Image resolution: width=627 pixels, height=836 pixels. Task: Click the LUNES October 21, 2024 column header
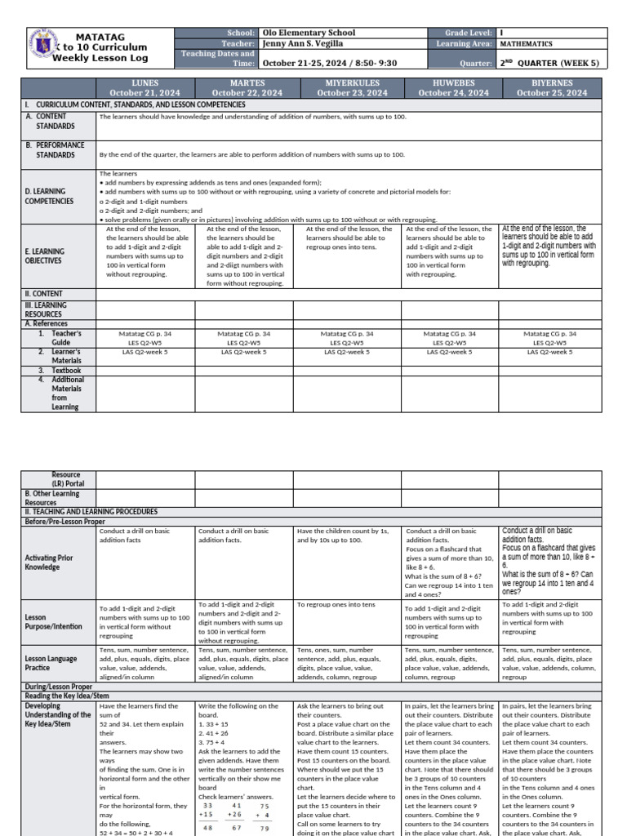click(145, 88)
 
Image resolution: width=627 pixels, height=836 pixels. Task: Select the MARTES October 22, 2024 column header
click(247, 88)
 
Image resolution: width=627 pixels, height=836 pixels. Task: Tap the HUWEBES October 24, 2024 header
click(453, 88)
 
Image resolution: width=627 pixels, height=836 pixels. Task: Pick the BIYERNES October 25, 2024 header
click(551, 88)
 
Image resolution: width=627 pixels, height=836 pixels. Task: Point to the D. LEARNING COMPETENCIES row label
click(49, 196)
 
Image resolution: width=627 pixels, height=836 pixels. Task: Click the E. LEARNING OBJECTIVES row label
click(45, 256)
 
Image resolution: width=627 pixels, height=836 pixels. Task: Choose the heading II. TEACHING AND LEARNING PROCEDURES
click(91, 511)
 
